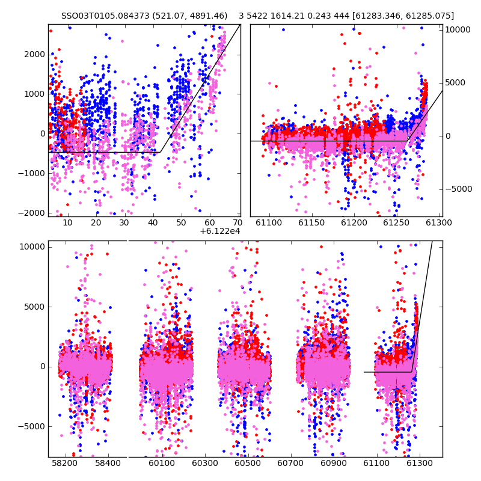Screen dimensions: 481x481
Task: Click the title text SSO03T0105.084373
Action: coord(105,16)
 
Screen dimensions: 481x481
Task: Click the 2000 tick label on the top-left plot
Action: coord(34,55)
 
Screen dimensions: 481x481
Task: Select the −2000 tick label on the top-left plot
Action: coord(32,213)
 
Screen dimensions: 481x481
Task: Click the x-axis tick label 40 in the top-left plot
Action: coord(153,222)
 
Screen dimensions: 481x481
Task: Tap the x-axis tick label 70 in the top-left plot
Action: coord(237,222)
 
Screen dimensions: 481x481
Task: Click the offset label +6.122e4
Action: coord(220,231)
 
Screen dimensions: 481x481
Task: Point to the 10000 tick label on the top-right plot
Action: coord(458,29)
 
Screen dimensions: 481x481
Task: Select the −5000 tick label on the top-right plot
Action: coord(459,189)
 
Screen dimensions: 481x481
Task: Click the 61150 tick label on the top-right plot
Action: coord(311,222)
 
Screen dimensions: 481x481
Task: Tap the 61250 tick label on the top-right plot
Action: coord(396,222)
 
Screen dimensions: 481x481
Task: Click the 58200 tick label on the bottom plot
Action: coord(65,463)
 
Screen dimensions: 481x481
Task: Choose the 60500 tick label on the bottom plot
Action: coord(248,463)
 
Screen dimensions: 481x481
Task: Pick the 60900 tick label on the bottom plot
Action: coord(334,463)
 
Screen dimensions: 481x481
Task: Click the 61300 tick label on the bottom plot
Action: coord(419,463)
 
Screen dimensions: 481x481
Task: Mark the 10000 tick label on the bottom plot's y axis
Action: coord(32,247)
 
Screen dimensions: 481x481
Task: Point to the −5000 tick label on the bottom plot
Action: coord(32,427)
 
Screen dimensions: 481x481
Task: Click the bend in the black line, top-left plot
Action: coord(160,152)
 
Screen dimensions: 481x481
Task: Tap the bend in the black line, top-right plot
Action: coord(407,141)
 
